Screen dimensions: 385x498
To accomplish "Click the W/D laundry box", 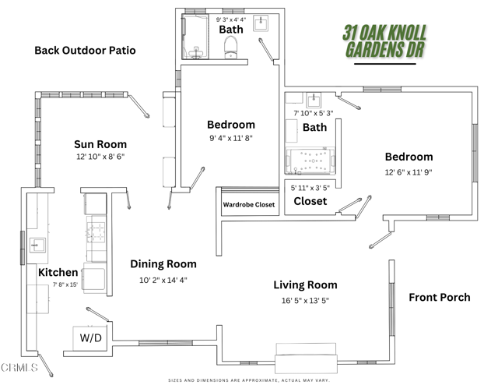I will click(92, 338).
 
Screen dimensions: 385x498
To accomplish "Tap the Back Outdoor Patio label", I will click(85, 51).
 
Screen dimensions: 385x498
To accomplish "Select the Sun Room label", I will click(100, 144).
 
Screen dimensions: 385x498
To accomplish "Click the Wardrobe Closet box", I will click(249, 205).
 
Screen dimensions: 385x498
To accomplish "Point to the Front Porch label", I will click(440, 297).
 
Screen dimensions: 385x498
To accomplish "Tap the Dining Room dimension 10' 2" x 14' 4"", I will click(163, 280).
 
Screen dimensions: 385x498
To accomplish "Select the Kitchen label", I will click(58, 273).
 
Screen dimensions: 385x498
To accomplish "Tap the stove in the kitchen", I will click(95, 231).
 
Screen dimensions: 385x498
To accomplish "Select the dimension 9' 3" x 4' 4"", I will click(230, 19).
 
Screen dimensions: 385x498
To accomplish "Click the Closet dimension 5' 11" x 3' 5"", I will click(310, 188).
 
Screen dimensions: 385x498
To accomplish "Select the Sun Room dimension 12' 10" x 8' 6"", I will click(100, 157).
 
